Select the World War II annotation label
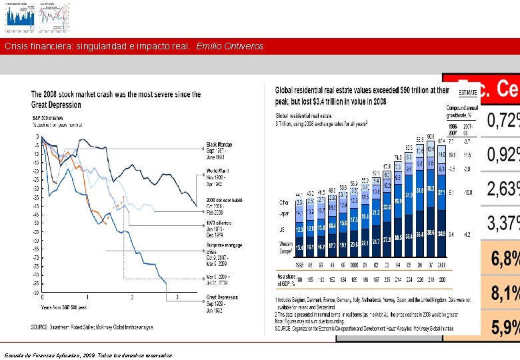pos(219,175)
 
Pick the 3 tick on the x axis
pos(177,297)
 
